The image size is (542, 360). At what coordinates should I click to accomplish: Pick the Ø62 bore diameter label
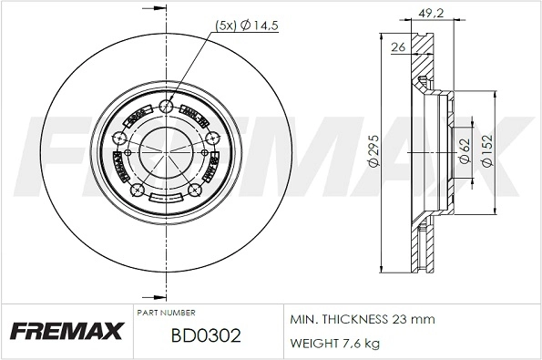[464, 150]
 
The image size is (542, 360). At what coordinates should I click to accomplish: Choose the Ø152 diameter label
[487, 150]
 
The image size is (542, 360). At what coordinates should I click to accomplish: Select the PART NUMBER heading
[167, 313]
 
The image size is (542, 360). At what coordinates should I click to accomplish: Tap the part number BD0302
[206, 336]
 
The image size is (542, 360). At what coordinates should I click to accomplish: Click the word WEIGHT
[312, 343]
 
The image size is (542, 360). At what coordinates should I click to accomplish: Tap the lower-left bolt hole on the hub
[137, 190]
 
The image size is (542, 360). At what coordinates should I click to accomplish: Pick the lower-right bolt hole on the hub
[194, 190]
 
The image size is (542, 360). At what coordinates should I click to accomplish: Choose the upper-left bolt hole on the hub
[119, 139]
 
